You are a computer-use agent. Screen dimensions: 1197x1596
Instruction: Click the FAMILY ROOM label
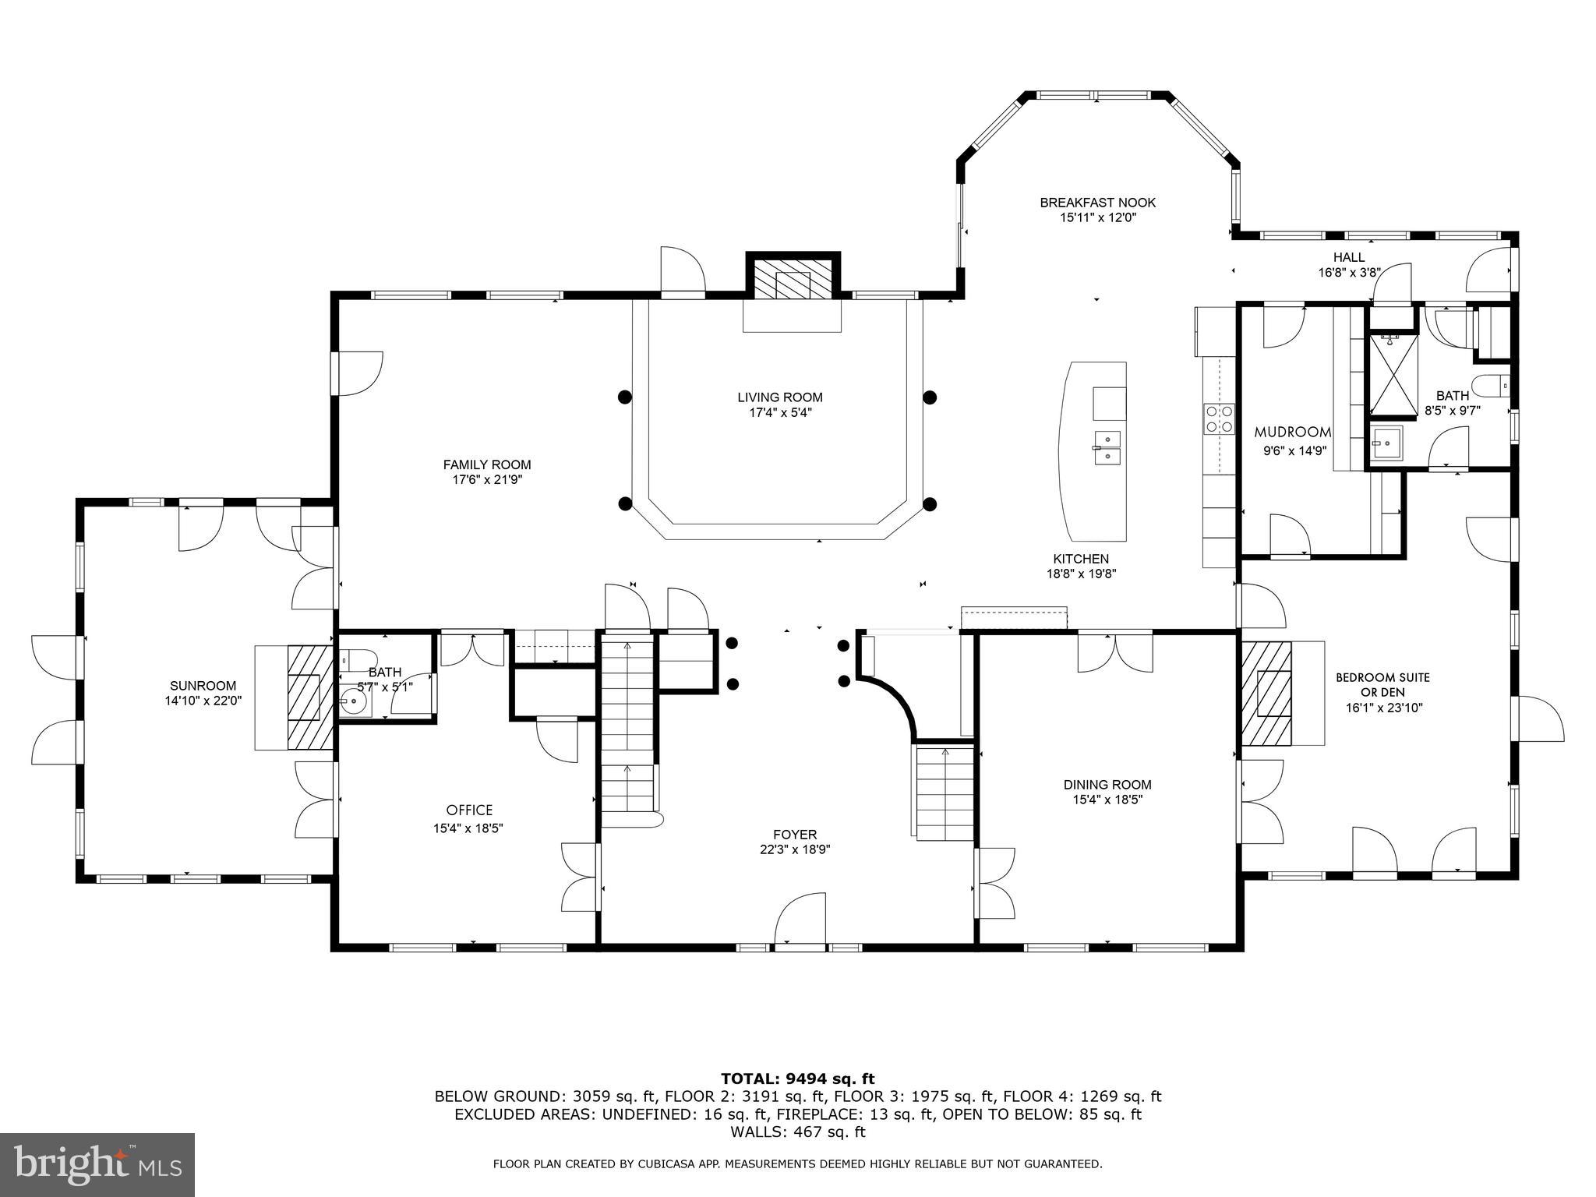click(487, 465)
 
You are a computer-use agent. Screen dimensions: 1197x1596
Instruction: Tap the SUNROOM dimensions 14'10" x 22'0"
click(203, 701)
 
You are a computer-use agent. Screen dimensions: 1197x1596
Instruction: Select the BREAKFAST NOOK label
click(1097, 203)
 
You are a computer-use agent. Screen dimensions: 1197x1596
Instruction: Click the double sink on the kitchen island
click(1107, 448)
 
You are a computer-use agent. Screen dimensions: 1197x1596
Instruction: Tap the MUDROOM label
click(1292, 432)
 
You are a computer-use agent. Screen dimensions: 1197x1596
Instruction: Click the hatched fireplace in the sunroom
click(305, 697)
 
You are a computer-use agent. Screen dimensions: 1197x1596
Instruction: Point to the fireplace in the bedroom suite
click(1266, 692)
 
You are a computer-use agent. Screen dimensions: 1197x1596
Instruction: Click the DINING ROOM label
click(1107, 785)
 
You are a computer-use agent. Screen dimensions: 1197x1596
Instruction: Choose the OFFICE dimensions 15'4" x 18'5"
click(468, 829)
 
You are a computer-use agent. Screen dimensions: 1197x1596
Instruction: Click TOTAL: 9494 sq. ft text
click(797, 1079)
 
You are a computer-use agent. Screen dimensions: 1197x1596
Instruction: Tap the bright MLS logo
click(97, 1164)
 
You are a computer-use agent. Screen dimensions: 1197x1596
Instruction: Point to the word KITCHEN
click(1081, 559)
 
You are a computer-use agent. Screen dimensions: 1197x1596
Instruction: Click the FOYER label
click(795, 835)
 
